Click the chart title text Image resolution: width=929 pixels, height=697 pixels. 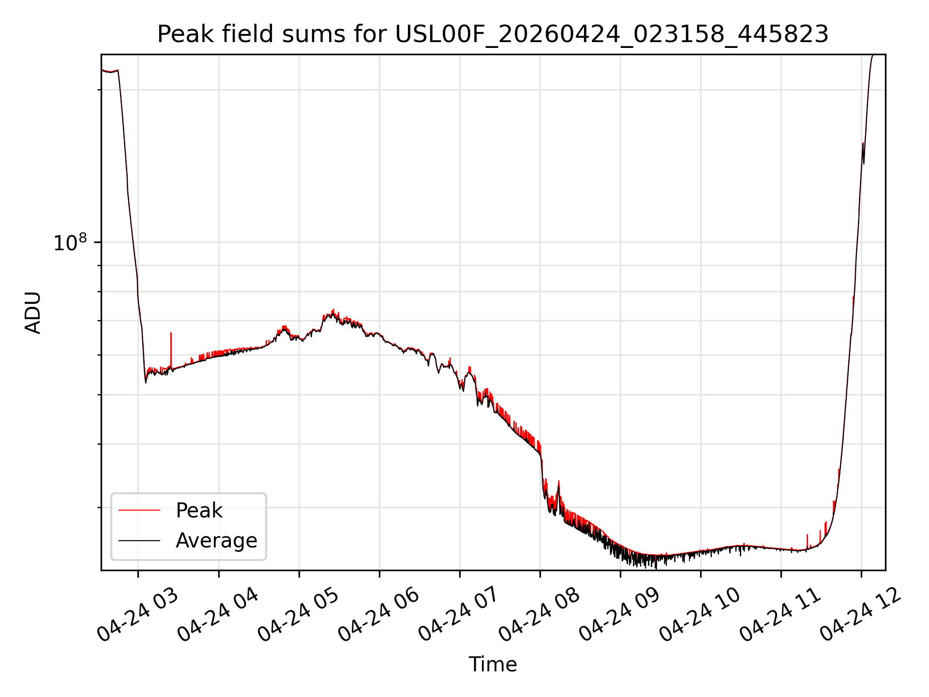tap(493, 34)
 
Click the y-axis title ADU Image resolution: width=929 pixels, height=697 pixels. tap(33, 312)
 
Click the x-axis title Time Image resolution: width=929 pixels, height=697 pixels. tap(493, 665)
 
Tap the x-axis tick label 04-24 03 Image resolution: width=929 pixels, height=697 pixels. tap(138, 615)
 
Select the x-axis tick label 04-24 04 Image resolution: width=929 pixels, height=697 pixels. tap(218, 615)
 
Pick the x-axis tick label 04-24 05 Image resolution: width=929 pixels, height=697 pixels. tap(299, 615)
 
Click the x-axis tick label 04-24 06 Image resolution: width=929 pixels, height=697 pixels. tap(379, 615)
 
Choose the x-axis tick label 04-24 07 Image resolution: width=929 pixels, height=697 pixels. tap(459, 615)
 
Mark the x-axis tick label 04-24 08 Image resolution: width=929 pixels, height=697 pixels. tap(539, 615)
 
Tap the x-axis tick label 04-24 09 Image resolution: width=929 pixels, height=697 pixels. tap(620, 615)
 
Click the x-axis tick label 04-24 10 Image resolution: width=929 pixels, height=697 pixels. tap(700, 615)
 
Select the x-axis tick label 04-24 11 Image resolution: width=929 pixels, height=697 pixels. tap(780, 615)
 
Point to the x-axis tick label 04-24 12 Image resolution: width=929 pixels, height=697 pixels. tap(861, 615)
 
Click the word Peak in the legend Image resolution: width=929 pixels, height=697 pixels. tap(199, 511)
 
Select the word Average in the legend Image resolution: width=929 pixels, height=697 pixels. tap(216, 541)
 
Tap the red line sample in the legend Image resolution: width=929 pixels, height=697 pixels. tap(139, 510)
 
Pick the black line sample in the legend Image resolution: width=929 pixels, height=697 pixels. tap(139, 540)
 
